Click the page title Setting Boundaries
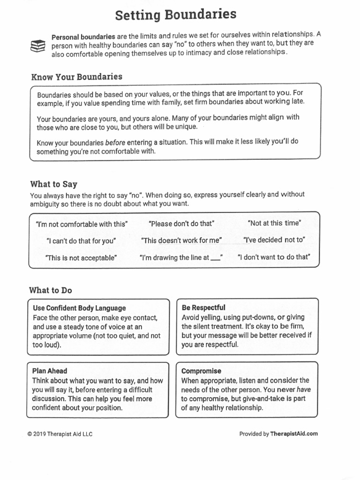coord(176,15)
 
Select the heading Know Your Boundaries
coord(76,77)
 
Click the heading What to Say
coord(53,184)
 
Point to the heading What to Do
coord(51,290)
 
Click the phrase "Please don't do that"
coord(181,224)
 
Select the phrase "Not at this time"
coord(274,223)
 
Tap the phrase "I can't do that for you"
coord(81,241)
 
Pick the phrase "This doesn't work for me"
coord(181,240)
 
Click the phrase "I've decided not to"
coord(274,240)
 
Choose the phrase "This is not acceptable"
coord(81,258)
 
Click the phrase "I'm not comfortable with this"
coord(81,224)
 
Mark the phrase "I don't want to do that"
coord(274,257)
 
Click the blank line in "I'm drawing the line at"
coord(215,259)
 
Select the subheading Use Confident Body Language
coord(79,308)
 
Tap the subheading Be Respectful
coord(203,307)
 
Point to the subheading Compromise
coord(202,371)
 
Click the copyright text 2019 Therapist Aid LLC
coord(60,434)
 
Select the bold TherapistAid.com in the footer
coord(294,434)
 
